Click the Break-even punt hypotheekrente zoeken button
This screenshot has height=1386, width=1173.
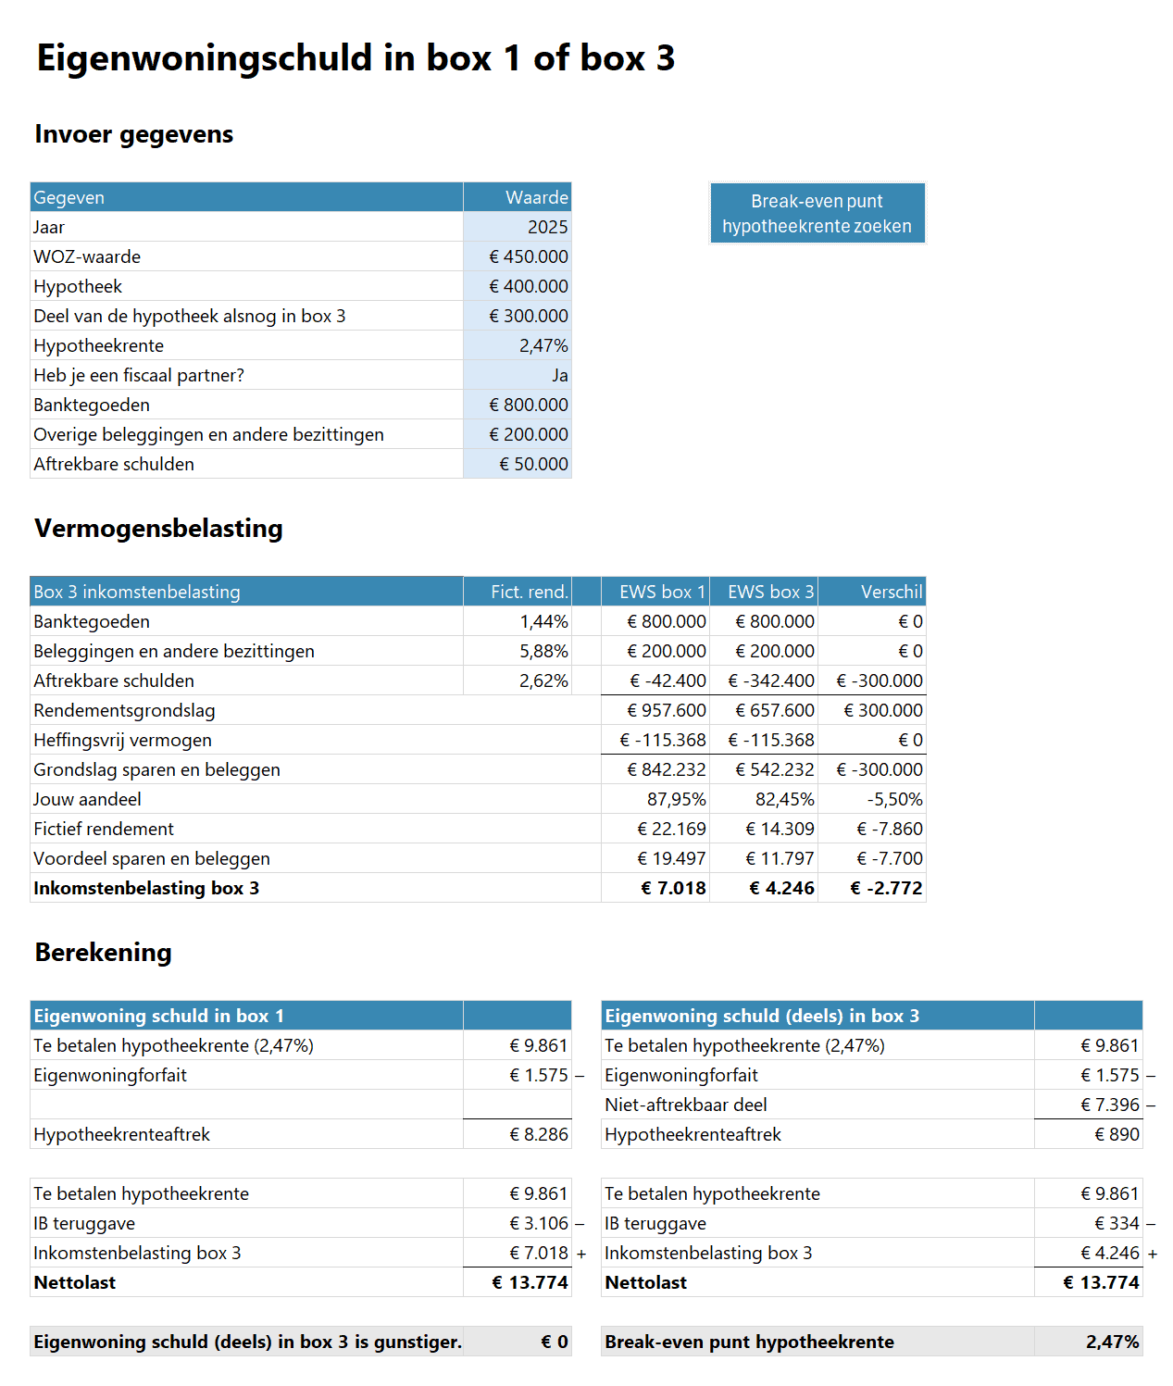[x=817, y=214]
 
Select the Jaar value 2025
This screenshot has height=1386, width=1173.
[x=547, y=227]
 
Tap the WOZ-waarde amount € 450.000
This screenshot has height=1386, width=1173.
[x=529, y=256]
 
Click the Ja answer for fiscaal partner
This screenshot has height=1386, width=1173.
[x=559, y=375]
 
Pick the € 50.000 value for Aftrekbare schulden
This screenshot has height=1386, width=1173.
[x=533, y=464]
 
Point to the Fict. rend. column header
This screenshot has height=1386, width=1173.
[x=529, y=592]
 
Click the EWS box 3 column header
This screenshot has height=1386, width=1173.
[x=770, y=592]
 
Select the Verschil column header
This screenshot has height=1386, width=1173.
[x=891, y=592]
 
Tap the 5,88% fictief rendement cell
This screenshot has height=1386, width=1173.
[x=543, y=651]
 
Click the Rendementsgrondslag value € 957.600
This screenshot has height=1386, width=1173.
[x=666, y=710]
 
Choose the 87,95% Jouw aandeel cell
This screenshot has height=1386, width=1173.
[x=676, y=799]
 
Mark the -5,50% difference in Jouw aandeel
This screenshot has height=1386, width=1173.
[x=894, y=799]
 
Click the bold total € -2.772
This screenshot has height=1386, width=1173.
[x=886, y=888]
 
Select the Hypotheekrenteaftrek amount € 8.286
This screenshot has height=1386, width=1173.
[x=539, y=1134]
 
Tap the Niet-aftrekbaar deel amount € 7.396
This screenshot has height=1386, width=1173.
[x=1109, y=1105]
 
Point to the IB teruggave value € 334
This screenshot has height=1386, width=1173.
[x=1117, y=1223]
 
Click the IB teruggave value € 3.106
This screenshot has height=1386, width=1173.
[x=539, y=1223]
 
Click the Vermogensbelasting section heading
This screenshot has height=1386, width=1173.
[x=158, y=528]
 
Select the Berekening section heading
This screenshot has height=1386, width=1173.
[x=103, y=952]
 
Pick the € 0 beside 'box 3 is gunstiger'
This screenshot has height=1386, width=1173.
[x=554, y=1342]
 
